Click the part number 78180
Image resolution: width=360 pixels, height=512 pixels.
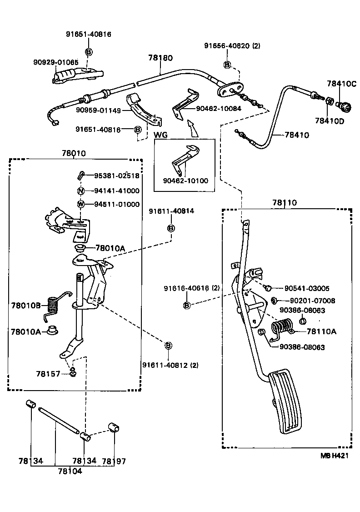[160, 58]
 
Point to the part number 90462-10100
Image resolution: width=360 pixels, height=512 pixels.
[185, 181]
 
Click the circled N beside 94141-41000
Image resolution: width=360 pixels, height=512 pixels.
[80, 191]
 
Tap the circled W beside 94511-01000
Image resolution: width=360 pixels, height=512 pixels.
[80, 204]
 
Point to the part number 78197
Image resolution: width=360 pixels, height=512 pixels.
[114, 461]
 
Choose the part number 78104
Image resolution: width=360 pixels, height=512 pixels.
[70, 472]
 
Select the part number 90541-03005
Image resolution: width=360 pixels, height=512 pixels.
[307, 288]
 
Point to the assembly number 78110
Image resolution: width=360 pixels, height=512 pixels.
[285, 202]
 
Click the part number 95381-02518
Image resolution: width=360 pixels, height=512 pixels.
[117, 176]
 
